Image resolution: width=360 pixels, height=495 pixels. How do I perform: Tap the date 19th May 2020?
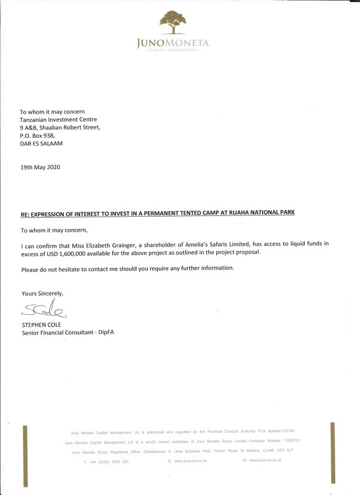coord(40,167)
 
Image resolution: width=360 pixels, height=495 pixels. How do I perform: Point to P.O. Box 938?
coord(37,135)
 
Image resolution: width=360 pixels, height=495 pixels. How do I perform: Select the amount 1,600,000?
coord(89,252)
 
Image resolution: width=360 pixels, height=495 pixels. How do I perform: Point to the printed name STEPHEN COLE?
coord(42,324)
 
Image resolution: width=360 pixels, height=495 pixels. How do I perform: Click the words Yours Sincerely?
coord(42,293)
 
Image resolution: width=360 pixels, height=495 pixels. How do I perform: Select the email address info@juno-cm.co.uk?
coord(189,461)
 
